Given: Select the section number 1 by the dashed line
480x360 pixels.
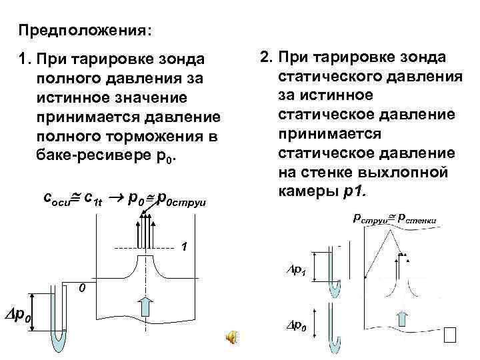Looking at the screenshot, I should (x=185, y=248).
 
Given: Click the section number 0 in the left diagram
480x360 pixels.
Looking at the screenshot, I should (x=81, y=288).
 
